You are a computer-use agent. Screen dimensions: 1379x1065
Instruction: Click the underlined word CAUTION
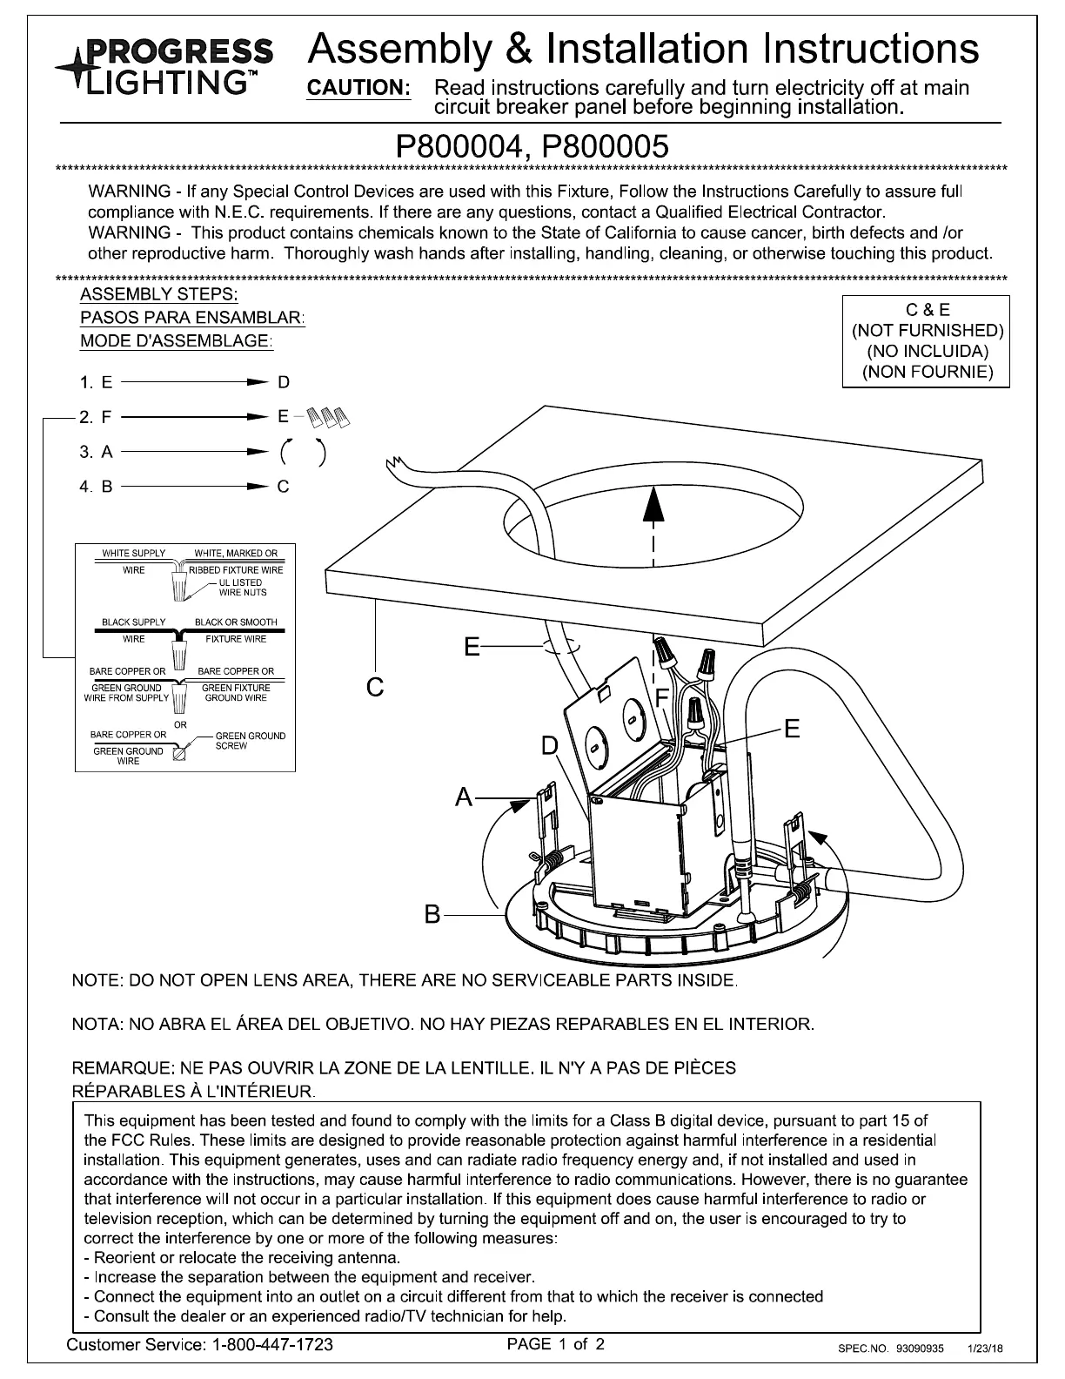pyautogui.click(x=359, y=88)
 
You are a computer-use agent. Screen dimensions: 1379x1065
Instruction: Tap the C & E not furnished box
pyautogui.click(x=927, y=340)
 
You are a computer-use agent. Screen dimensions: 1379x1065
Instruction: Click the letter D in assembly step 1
pyautogui.click(x=284, y=382)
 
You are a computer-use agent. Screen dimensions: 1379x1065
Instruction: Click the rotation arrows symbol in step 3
pyautogui.click(x=304, y=452)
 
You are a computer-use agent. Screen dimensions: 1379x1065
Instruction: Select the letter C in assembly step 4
pyautogui.click(x=284, y=487)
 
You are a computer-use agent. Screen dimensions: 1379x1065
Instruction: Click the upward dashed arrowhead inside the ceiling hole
pyautogui.click(x=653, y=504)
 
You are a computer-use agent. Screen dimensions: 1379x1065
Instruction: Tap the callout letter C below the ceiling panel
pyautogui.click(x=375, y=688)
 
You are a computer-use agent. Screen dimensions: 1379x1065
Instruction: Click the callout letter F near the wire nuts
pyautogui.click(x=662, y=697)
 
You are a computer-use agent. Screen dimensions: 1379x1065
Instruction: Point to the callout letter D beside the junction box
pyautogui.click(x=550, y=746)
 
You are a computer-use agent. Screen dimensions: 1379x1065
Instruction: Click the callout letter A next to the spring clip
pyautogui.click(x=466, y=797)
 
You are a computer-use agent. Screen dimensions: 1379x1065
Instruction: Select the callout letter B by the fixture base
pyautogui.click(x=433, y=915)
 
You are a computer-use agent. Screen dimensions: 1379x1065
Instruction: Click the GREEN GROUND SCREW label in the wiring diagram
pyautogui.click(x=250, y=741)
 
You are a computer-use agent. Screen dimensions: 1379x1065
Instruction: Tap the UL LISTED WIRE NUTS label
pyautogui.click(x=242, y=588)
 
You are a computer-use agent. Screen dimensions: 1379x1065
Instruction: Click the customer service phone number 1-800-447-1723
pyautogui.click(x=272, y=1345)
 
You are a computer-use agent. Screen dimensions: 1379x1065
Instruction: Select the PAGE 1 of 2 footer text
pyautogui.click(x=556, y=1344)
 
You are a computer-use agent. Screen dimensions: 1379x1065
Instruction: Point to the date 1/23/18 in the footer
pyautogui.click(x=986, y=1349)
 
